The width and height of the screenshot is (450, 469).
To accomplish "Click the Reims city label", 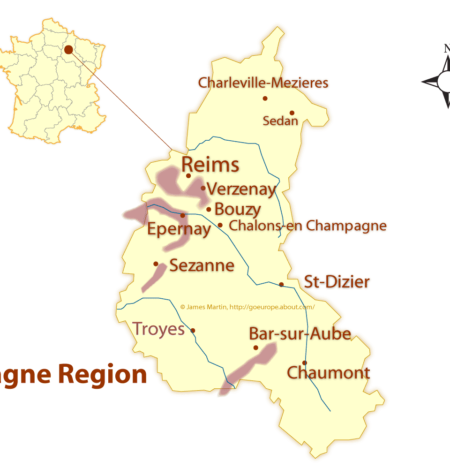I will (x=210, y=165).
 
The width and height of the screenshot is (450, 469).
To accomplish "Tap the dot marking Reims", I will (x=188, y=176).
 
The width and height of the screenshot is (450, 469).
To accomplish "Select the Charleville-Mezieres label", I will (x=263, y=83).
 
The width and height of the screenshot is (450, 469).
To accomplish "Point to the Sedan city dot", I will (x=292, y=113).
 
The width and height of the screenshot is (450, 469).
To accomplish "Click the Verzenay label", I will (x=241, y=189).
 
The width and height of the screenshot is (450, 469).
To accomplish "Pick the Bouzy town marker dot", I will (x=209, y=209).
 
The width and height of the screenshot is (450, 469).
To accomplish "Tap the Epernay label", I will (x=179, y=230).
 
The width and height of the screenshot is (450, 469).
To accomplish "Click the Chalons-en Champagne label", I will (x=307, y=226).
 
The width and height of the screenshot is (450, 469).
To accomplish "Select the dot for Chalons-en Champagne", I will (x=220, y=225).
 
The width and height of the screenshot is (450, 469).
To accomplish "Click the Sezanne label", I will (x=202, y=265).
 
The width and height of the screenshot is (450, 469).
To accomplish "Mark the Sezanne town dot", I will (x=156, y=264).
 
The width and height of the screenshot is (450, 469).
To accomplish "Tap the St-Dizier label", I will (x=337, y=282).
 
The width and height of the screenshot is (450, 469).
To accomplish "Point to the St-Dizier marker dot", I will (x=281, y=284).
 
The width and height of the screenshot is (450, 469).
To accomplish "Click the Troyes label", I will (x=158, y=329).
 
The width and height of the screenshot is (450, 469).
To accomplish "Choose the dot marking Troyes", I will (x=193, y=330).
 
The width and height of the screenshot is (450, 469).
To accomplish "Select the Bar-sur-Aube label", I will (x=300, y=334).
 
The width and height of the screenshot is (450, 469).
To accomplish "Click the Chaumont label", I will (x=328, y=373).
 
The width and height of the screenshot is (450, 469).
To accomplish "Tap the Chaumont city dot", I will (x=304, y=363).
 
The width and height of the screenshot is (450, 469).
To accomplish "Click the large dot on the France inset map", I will (x=68, y=50).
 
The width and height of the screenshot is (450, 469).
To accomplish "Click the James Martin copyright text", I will (x=247, y=307).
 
